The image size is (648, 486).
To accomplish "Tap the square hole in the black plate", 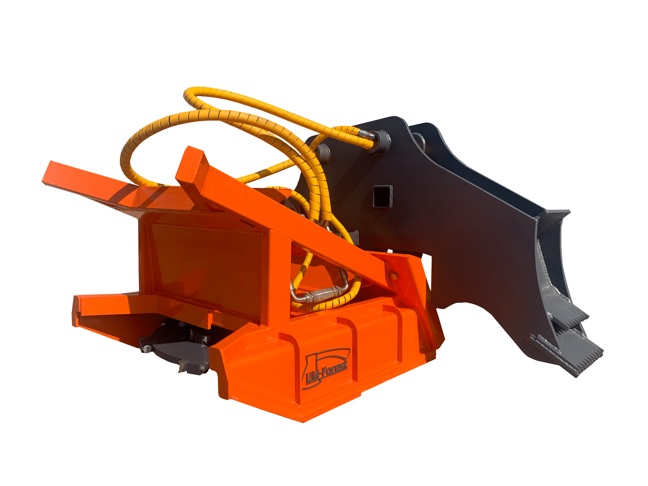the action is (x=382, y=196).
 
